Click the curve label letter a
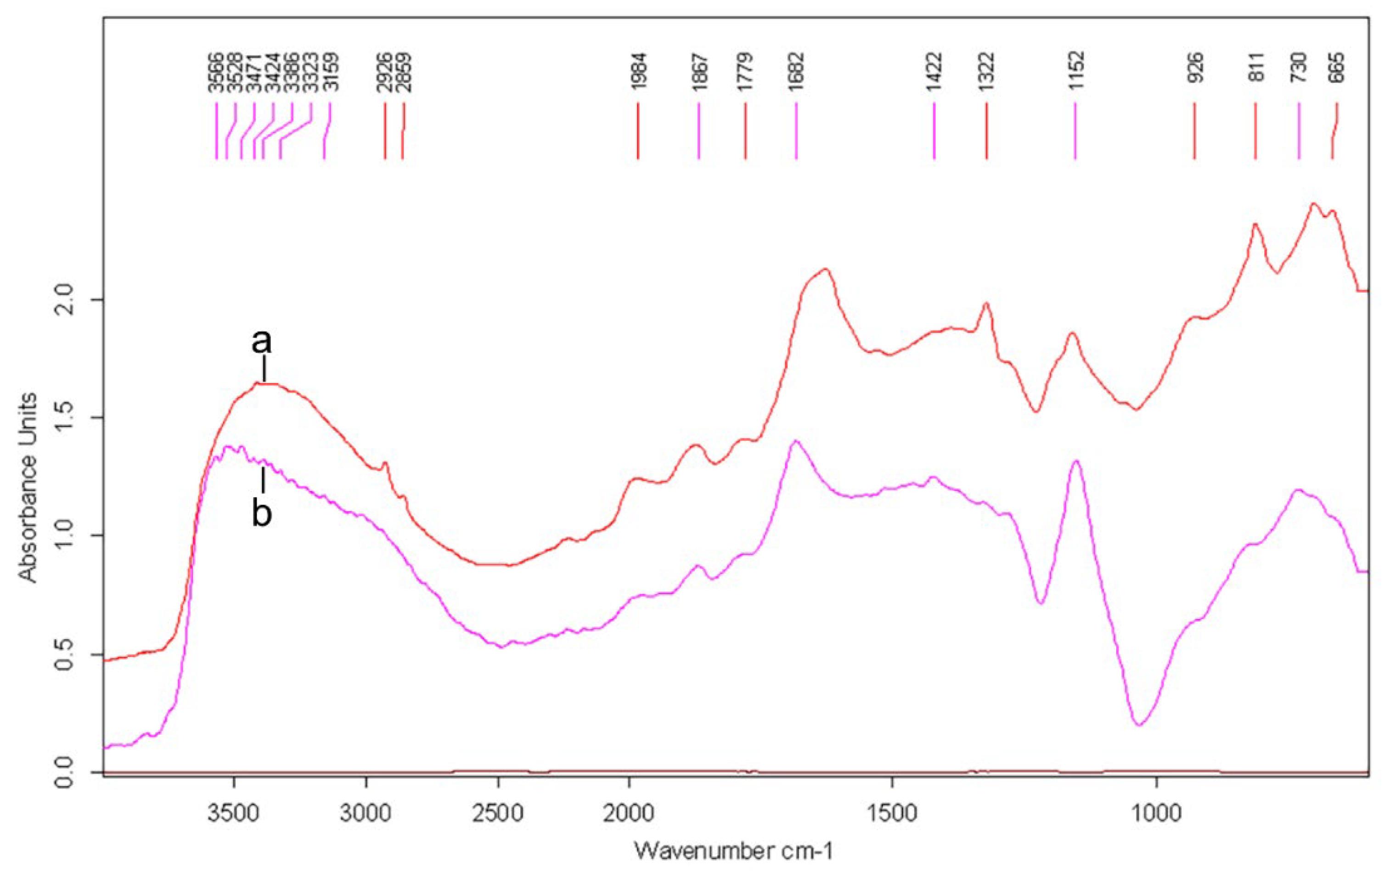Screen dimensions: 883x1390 261,342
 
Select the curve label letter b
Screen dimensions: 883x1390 261,512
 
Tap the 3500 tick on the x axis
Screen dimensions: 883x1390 234,814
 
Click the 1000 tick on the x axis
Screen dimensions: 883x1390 1156,814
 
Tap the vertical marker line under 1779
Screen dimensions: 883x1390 745,131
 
